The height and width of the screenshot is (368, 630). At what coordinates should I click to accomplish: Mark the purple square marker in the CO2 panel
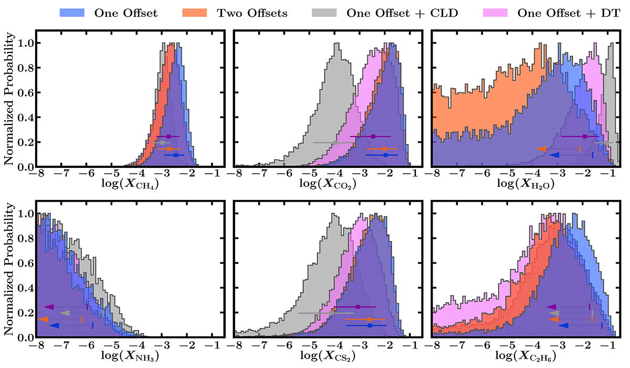[x=373, y=136]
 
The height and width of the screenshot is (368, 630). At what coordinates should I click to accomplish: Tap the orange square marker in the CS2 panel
[x=369, y=319]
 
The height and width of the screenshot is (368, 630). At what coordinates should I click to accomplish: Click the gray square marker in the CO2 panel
[x=335, y=142]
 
